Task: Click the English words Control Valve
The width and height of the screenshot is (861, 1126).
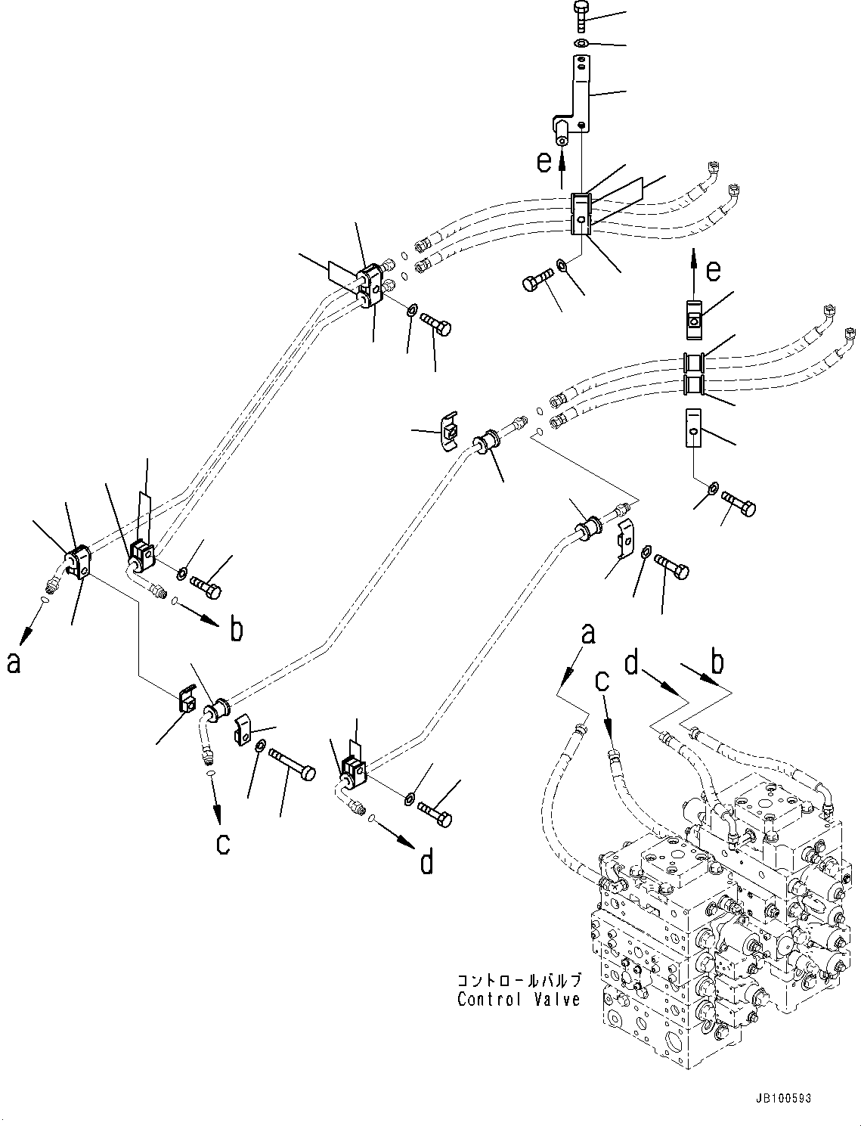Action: click(519, 1000)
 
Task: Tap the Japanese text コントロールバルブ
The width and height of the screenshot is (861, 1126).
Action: click(519, 980)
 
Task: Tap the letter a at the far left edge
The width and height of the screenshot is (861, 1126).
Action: click(14, 662)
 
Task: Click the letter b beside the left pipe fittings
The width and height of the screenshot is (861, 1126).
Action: click(237, 629)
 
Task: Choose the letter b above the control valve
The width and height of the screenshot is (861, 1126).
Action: click(718, 662)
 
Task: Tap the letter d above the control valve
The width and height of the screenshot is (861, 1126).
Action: click(632, 662)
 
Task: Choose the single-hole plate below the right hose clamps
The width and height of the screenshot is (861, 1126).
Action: click(692, 427)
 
